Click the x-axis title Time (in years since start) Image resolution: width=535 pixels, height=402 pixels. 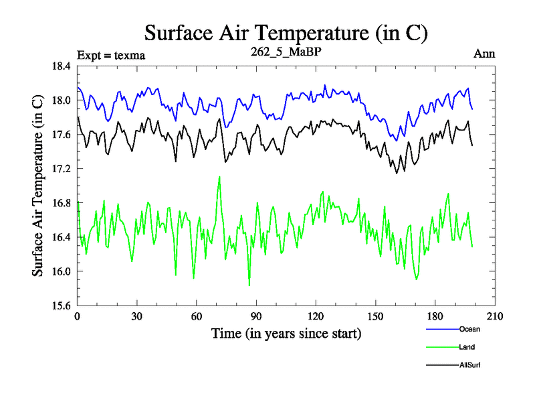[286, 333]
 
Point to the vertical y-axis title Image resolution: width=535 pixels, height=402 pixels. [38, 186]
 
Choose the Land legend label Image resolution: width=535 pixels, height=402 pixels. [467, 347]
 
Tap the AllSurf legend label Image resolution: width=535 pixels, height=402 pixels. [470, 365]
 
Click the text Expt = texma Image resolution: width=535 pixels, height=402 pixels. [111, 55]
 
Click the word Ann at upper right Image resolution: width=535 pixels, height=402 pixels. [484, 54]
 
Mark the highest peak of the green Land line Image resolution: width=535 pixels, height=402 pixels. [219, 177]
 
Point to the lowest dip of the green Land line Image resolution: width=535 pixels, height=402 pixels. [249, 286]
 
